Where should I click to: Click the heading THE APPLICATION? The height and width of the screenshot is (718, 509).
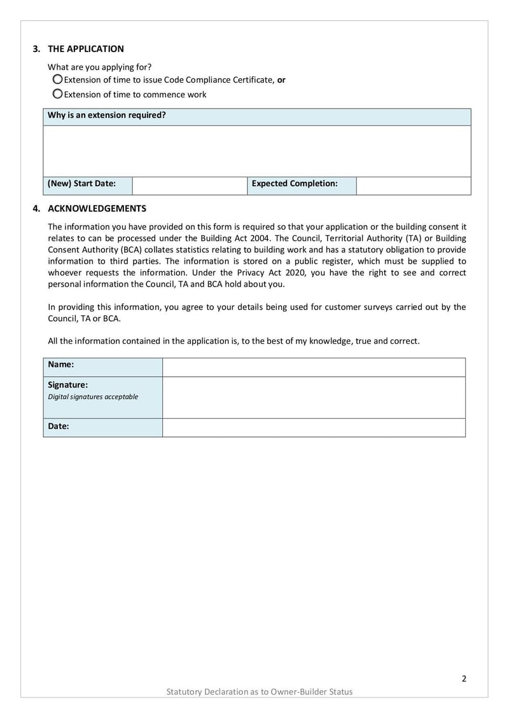coord(86,49)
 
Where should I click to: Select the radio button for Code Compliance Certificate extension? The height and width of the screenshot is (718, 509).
coord(57,79)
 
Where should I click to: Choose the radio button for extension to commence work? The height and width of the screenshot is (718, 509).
coord(57,94)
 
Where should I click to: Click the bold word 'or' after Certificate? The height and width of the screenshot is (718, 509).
coord(281,80)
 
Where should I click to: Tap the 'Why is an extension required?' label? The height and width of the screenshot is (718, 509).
coord(107,116)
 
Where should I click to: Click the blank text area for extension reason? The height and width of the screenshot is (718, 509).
coord(257,151)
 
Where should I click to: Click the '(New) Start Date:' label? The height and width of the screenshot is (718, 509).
coord(82,184)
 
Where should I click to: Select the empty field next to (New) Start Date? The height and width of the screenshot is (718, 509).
coord(189,185)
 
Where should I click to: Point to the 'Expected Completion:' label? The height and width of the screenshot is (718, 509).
coord(295,184)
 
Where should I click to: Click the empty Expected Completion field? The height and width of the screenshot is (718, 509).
coord(413,185)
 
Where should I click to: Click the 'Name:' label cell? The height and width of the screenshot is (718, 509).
coord(61,365)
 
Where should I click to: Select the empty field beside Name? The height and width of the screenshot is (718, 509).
coord(314,367)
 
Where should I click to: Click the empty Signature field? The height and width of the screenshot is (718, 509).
coord(314,397)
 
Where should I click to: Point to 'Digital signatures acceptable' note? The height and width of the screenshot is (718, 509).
coord(93,396)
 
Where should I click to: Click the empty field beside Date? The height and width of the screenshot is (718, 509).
coord(314,428)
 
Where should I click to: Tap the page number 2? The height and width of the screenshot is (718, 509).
coord(464,678)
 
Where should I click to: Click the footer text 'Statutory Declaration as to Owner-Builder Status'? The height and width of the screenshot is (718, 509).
coord(259,691)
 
